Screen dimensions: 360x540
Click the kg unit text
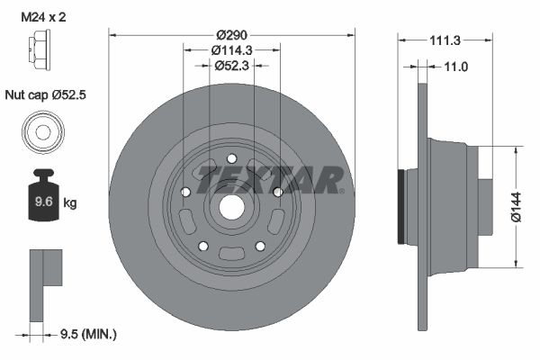coord(69,202)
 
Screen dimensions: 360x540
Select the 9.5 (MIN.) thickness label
coord(86,334)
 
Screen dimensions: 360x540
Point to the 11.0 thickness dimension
coord(458,66)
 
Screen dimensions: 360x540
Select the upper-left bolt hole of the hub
coord(184,191)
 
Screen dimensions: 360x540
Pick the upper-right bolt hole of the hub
coord(278,191)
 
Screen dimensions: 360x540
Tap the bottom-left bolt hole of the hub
coord(202,246)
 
